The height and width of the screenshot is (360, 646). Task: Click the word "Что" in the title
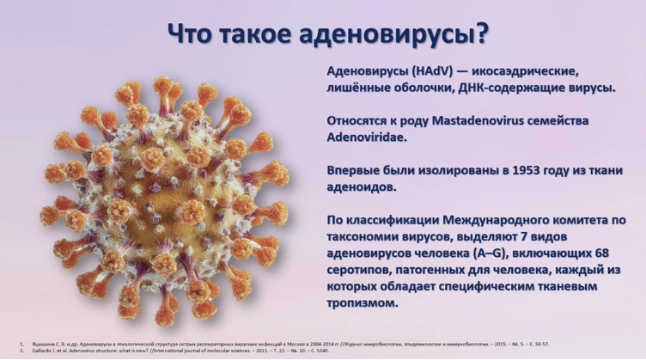click(190, 34)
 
